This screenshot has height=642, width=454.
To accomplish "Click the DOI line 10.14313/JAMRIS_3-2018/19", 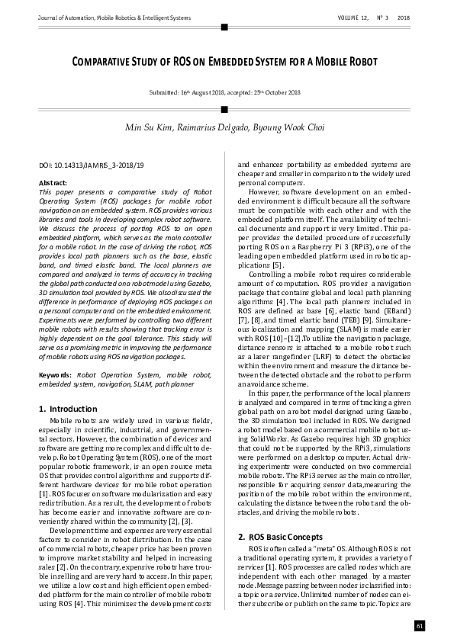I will pos(91,165).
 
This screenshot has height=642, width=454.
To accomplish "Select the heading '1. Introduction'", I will pos(67,410).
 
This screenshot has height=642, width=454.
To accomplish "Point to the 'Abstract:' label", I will pos(52,184).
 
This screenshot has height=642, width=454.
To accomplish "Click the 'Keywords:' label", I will pos(55,376).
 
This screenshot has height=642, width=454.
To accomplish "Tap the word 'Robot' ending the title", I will pos(362,61).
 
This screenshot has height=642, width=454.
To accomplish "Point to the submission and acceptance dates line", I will pos(227,92).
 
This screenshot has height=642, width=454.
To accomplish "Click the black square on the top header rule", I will pos(224,27).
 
